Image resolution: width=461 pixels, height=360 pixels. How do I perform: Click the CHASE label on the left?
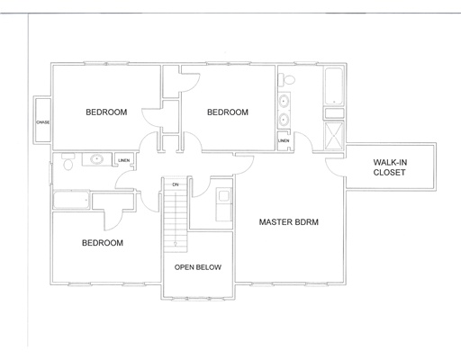click(x=42, y=121)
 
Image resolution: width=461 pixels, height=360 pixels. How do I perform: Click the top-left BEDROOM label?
click(x=106, y=112)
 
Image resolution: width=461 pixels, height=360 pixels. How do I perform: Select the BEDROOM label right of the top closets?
click(x=227, y=112)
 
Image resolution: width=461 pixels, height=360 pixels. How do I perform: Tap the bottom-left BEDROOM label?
click(x=103, y=243)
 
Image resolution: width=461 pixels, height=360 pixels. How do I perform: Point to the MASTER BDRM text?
click(x=289, y=221)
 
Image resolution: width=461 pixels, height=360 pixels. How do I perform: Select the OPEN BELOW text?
click(x=198, y=267)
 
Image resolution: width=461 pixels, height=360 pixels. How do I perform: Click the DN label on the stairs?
click(x=176, y=184)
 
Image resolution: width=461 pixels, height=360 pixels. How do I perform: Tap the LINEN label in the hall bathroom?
click(x=123, y=160)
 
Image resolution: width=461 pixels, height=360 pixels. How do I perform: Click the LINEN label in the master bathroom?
click(x=284, y=141)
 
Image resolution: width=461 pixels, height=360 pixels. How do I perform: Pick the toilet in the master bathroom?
click(x=285, y=78)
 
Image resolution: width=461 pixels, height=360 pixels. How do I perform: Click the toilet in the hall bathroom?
click(x=67, y=163)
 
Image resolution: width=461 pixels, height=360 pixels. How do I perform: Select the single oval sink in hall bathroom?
click(x=95, y=159)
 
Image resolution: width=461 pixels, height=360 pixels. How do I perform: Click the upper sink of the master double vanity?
click(x=285, y=100)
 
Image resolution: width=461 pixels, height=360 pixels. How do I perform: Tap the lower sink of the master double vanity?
click(x=285, y=119)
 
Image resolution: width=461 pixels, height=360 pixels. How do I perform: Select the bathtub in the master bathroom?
click(x=333, y=88)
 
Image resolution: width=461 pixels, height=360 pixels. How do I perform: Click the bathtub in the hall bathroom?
click(x=71, y=200)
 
